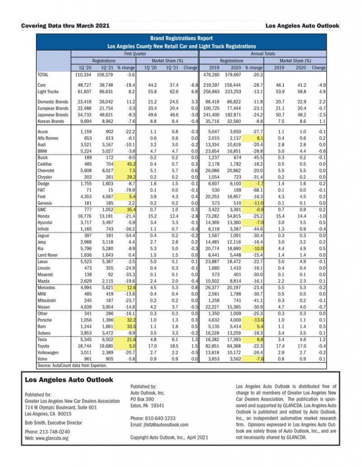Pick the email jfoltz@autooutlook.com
tap(159, 425)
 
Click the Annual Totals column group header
tap(263, 53)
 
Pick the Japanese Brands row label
tap(52, 115)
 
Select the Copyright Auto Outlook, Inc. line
tap(169, 437)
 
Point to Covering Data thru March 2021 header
tap(65, 26)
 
